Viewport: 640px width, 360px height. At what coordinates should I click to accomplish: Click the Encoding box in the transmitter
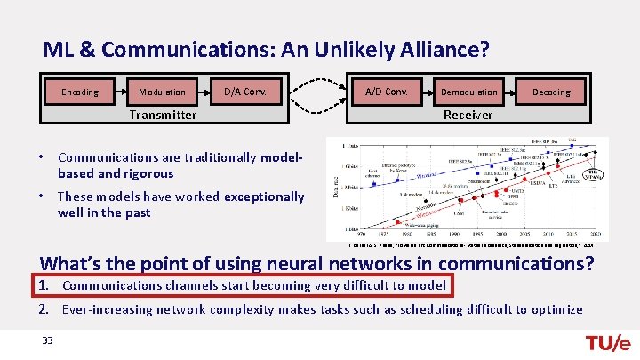79,92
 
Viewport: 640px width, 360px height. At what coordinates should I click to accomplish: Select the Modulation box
163,92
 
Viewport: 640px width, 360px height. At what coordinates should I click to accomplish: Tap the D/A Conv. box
245,92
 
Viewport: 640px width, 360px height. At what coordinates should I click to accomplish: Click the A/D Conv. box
383,92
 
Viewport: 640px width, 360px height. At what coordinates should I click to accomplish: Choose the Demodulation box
468,92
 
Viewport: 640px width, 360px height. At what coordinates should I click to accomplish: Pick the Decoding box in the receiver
551,92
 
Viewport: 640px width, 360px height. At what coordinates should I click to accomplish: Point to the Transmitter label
163,115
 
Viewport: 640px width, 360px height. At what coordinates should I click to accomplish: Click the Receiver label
468,115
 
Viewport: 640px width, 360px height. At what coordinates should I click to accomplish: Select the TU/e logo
607,343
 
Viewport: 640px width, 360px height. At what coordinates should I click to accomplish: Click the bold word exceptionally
264,196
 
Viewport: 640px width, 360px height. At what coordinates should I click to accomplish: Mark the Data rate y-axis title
335,189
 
